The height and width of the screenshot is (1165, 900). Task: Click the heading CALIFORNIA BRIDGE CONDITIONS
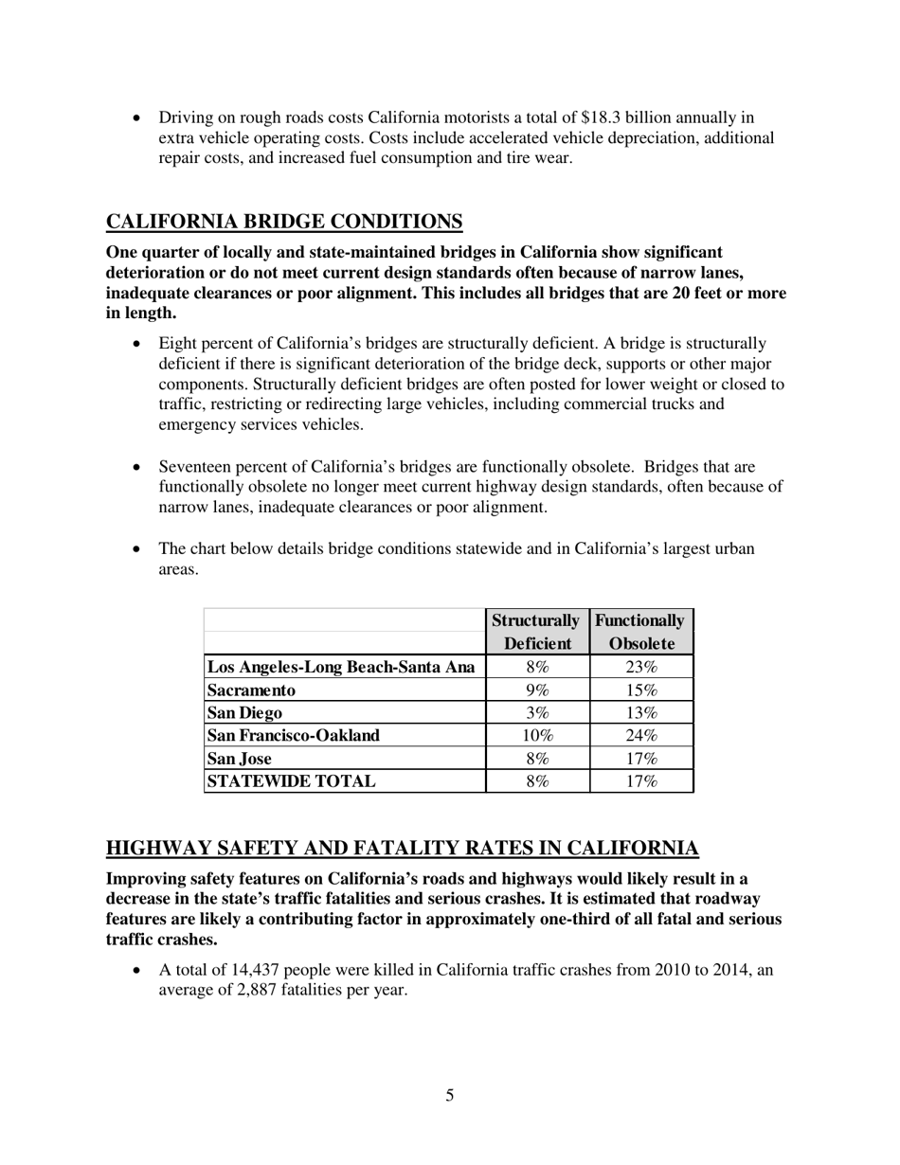coord(284,222)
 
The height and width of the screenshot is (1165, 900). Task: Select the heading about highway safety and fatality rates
coord(403,848)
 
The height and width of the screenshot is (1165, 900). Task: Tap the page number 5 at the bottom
coord(450,1096)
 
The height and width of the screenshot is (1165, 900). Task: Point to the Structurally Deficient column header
coord(536,632)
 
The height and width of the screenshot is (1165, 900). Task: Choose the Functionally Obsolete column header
coord(641,632)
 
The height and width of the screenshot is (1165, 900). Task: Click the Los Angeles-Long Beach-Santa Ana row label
coord(341,667)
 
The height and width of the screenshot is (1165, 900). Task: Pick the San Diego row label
coord(244,712)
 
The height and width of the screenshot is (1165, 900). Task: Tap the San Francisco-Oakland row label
coord(294,735)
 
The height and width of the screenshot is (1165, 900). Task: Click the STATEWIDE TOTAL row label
coord(291,780)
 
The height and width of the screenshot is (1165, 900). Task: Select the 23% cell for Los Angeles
coord(641,667)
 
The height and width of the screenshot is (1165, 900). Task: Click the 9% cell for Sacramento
coord(537,690)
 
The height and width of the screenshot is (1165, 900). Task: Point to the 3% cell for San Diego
coord(537,712)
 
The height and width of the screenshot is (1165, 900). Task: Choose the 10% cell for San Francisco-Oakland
coord(537,735)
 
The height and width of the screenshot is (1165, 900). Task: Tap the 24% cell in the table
coord(641,735)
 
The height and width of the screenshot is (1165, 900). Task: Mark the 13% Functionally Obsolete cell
coord(641,712)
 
